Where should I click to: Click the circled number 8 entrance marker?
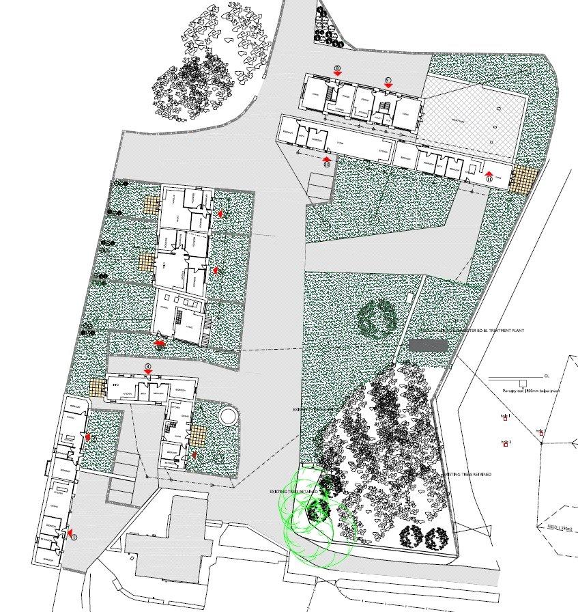point(337,68)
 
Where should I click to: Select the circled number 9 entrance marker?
point(388,80)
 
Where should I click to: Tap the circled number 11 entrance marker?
point(489,178)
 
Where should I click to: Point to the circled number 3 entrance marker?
point(149,367)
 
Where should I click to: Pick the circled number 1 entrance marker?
point(74,537)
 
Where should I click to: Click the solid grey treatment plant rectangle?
point(428,346)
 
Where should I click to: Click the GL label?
point(546,376)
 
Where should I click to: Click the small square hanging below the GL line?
point(523,382)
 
